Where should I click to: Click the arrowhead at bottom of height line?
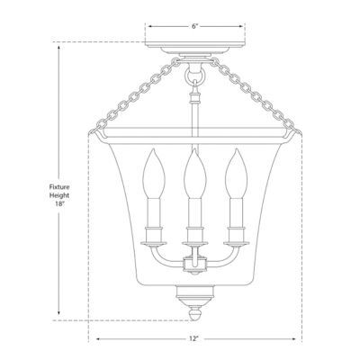pyautogui.click(x=58, y=317)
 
